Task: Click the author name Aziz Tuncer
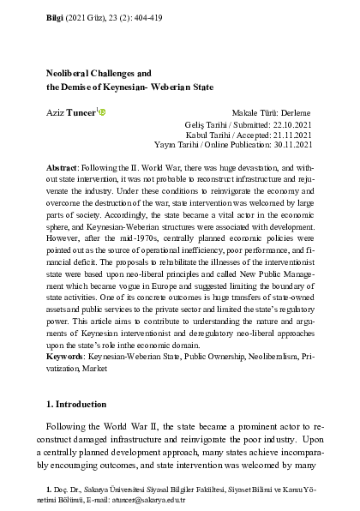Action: click(69, 112)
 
